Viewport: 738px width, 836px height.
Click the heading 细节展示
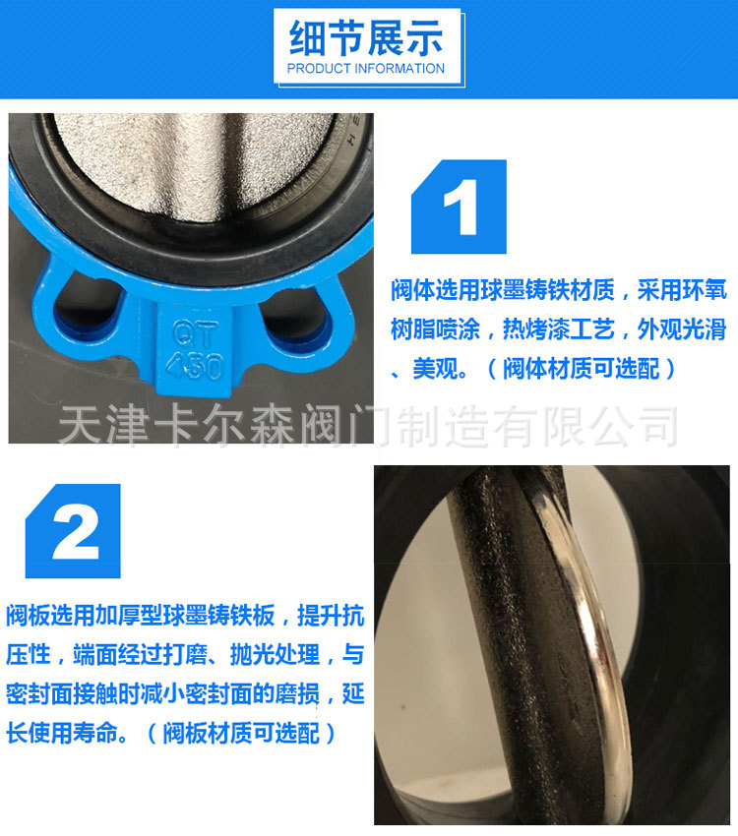(366, 38)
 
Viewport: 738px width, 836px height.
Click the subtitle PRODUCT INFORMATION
(366, 69)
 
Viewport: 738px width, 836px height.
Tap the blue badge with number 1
(459, 209)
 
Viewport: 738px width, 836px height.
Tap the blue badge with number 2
(74, 531)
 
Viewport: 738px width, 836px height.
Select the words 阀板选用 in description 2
(44, 617)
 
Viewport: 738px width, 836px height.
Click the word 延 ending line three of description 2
(353, 694)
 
